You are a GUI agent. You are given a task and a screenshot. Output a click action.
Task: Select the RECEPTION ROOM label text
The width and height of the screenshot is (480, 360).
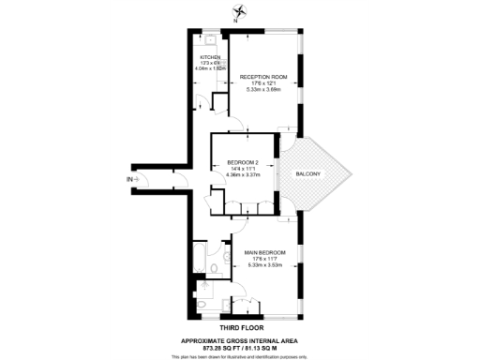pyautogui.click(x=262, y=77)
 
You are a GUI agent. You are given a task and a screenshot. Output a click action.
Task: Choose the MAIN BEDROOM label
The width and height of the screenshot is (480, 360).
pyautogui.click(x=265, y=252)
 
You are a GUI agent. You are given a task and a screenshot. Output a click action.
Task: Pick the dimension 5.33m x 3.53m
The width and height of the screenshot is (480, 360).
pyautogui.click(x=265, y=265)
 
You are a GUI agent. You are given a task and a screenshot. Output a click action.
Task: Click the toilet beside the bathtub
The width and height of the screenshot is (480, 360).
pyautogui.click(x=214, y=267)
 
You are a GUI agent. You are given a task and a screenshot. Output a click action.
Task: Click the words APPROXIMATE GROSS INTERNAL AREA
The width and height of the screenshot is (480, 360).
pyautogui.click(x=238, y=339)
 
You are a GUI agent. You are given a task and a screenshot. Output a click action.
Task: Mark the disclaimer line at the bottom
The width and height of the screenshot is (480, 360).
pyautogui.click(x=238, y=356)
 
